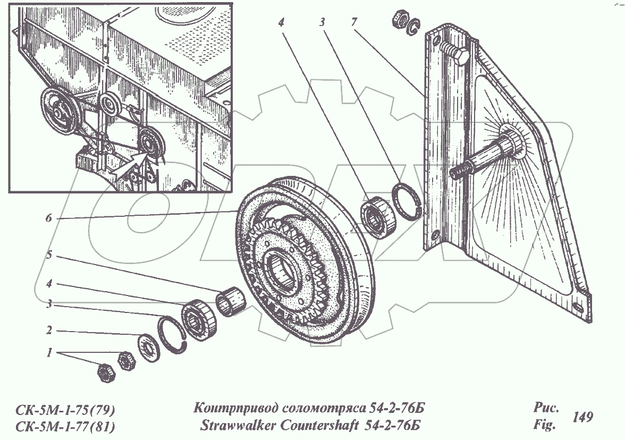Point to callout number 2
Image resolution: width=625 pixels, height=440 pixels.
(x=49, y=330)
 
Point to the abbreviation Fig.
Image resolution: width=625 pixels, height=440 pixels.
(x=544, y=425)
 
